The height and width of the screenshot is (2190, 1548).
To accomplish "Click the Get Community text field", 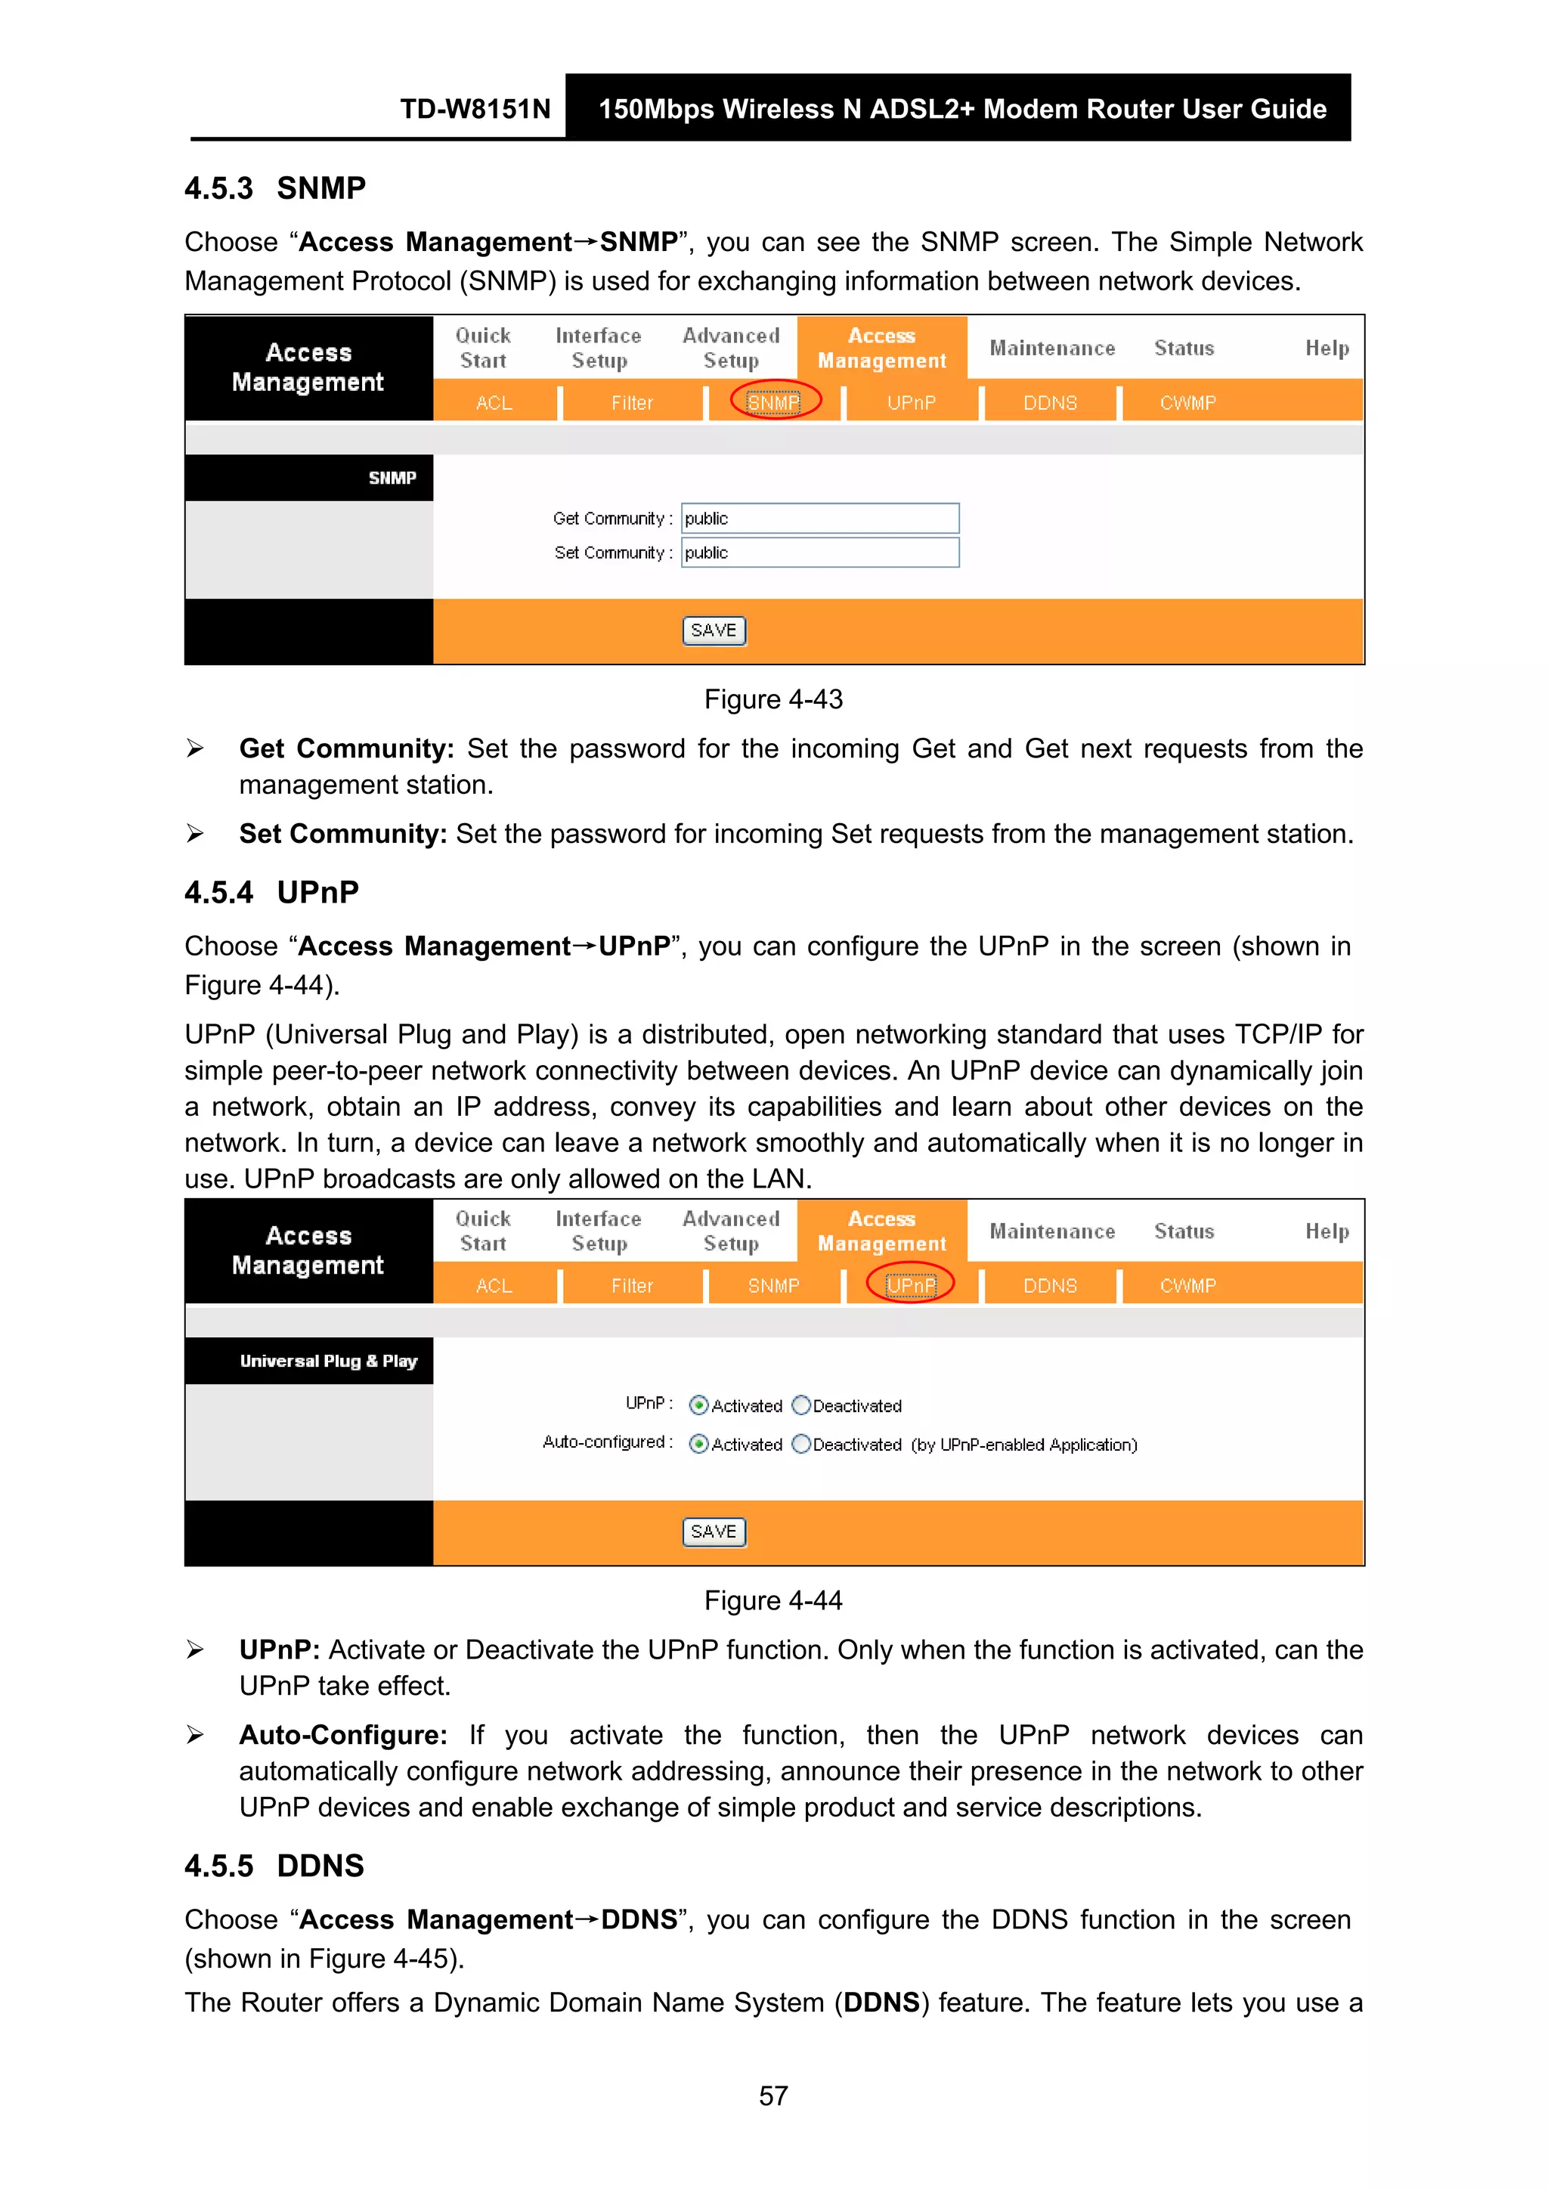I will point(819,518).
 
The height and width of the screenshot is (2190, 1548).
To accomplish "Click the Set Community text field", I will point(819,553).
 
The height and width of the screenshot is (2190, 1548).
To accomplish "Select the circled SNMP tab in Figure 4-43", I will point(773,402).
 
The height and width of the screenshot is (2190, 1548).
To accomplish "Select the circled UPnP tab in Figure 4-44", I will point(911,1285).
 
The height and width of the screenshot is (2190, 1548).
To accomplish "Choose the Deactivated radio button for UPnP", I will point(801,1405).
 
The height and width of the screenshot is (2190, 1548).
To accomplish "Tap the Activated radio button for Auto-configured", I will point(699,1444).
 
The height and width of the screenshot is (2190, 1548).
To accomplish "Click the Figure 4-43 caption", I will point(772,699).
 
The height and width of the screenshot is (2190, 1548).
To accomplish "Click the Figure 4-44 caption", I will point(772,1600).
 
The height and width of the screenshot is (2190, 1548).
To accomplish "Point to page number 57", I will point(772,2096).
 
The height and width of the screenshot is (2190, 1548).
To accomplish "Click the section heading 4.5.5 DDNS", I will point(274,1866).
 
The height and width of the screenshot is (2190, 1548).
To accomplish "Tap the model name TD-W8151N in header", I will point(475,109).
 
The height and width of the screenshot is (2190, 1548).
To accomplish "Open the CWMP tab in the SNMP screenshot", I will point(1187,402).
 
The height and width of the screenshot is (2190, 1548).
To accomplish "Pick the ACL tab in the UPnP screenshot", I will point(494,1286).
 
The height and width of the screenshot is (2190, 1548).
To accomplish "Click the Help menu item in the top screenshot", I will point(1327,348).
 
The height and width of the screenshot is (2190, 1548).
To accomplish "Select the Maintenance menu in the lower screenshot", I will point(1052,1231).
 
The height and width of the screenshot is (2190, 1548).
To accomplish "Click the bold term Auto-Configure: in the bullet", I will point(343,1735).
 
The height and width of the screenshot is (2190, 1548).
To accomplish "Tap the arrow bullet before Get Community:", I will point(196,748).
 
